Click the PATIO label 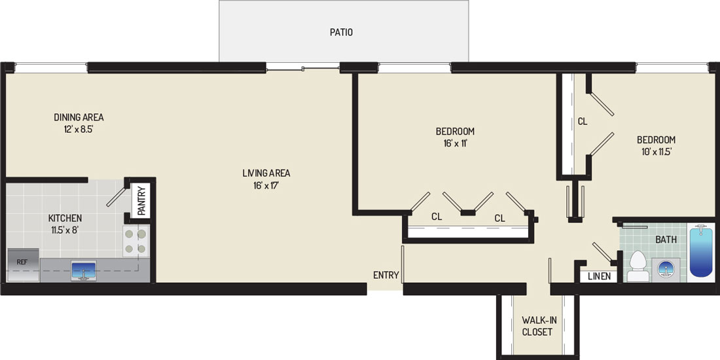(x=341, y=33)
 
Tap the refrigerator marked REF (x=23, y=265)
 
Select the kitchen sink (x=84, y=270)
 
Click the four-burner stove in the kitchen (x=136, y=241)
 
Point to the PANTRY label (x=141, y=200)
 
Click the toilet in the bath (x=638, y=266)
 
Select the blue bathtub (x=701, y=250)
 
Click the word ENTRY (x=386, y=275)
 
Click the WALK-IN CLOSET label (x=537, y=326)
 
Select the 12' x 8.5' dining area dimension (x=79, y=130)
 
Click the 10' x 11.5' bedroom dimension (x=656, y=151)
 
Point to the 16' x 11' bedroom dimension (x=455, y=143)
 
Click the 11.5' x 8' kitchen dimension (x=65, y=230)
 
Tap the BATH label (x=665, y=239)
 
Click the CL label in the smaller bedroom (x=583, y=122)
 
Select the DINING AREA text (x=79, y=117)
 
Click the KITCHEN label (x=65, y=218)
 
